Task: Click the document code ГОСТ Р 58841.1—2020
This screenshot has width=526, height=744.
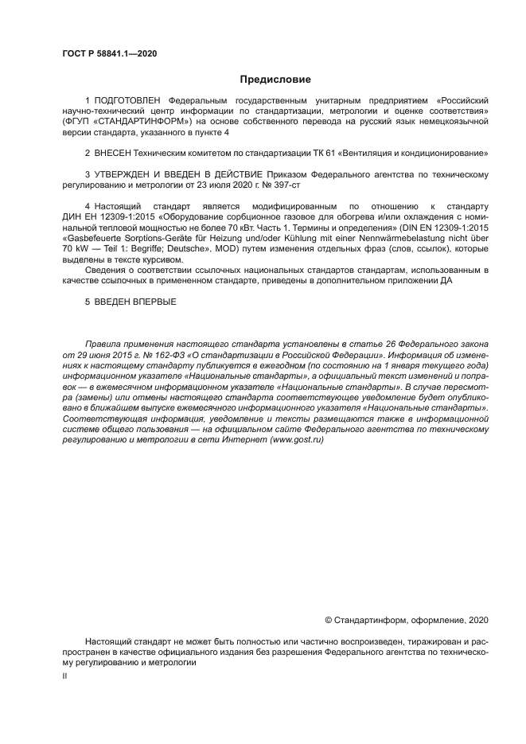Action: tap(109, 53)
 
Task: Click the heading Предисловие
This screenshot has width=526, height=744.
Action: tap(275, 80)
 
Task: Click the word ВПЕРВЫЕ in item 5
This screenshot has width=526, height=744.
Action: tap(151, 302)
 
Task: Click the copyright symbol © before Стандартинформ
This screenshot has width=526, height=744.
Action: tap(329, 619)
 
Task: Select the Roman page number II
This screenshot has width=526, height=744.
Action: tap(65, 675)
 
